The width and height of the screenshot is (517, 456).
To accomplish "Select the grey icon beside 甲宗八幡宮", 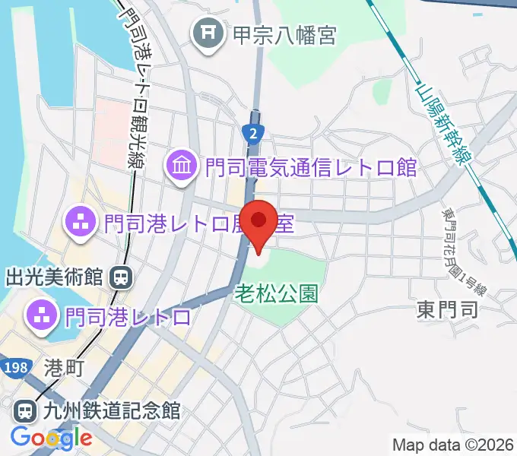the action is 207,34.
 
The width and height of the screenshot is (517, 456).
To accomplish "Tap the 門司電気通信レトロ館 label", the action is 308,166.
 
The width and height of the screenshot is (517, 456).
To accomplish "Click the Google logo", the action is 51,437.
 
